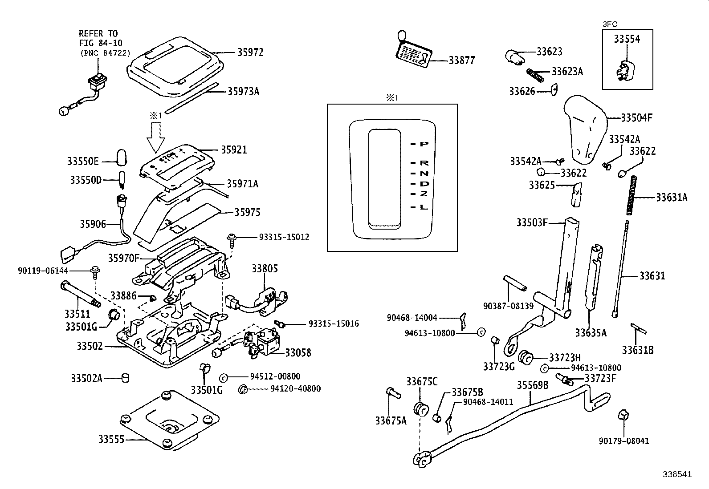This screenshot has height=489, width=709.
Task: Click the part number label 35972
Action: (x=250, y=53)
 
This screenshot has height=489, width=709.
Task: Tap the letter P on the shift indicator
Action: (x=424, y=144)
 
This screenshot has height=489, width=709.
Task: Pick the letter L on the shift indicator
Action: (x=424, y=207)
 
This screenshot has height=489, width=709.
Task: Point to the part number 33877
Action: (x=461, y=60)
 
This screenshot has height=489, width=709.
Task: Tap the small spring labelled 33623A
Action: (x=536, y=75)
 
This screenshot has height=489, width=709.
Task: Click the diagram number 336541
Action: (x=676, y=474)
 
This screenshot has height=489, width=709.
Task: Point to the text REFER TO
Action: (x=98, y=33)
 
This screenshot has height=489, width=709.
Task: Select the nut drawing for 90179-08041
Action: (x=623, y=416)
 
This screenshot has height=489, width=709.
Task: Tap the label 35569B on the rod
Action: (x=533, y=385)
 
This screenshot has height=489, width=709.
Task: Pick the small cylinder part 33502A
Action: (x=126, y=378)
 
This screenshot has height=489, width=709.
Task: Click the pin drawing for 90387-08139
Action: (x=515, y=283)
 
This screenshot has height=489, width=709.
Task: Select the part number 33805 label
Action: (x=265, y=268)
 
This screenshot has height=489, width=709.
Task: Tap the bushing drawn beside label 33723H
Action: (x=526, y=357)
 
